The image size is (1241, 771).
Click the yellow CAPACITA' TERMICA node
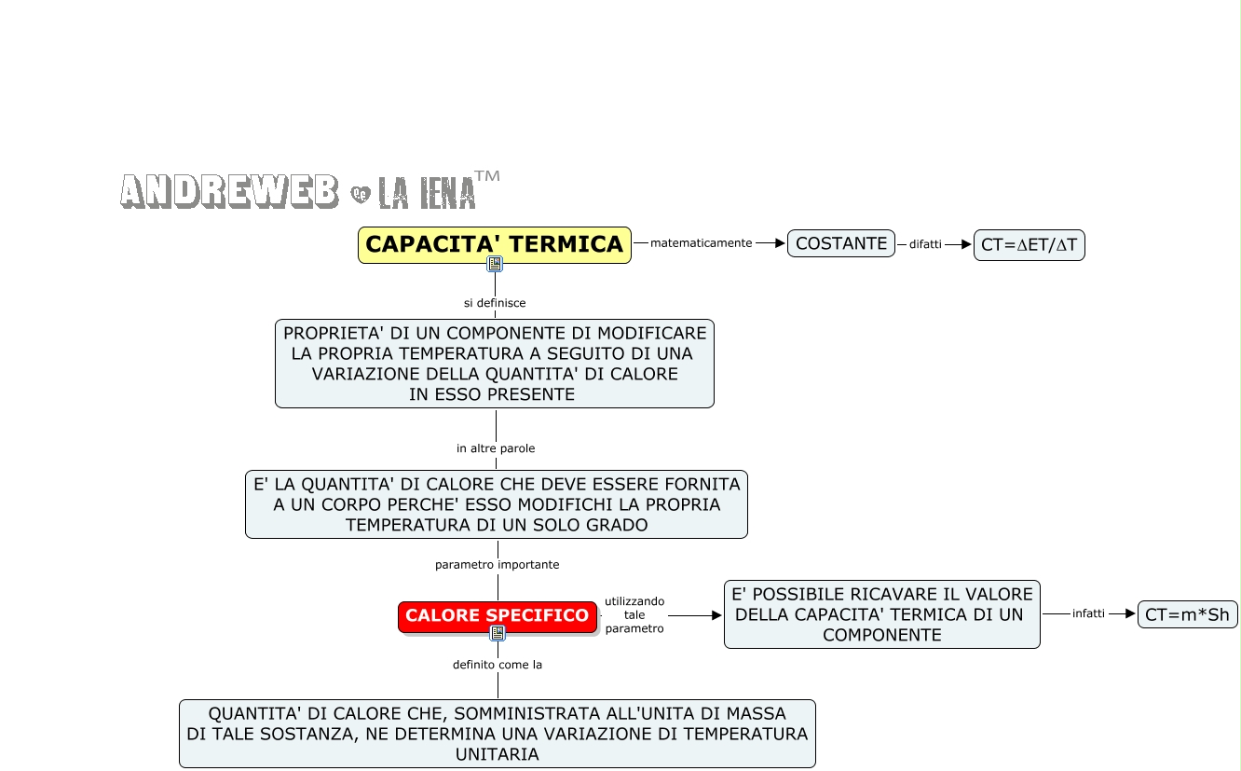tap(495, 244)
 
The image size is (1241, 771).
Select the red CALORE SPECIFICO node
tap(497, 615)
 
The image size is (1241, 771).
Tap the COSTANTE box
tap(841, 243)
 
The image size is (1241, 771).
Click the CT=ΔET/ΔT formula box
tap(1029, 245)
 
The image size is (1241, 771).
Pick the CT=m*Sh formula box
tap(1187, 614)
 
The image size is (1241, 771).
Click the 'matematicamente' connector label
tap(701, 243)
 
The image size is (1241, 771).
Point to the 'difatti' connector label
tap(925, 244)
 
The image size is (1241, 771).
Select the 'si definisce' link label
tap(495, 303)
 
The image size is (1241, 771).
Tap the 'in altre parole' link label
tap(496, 448)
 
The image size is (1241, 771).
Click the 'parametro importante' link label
tap(498, 565)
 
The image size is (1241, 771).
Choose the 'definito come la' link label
tap(498, 665)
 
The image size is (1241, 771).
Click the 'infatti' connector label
tap(1088, 613)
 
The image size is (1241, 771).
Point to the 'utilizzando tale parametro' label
tap(634, 615)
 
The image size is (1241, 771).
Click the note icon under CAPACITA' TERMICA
tap(495, 265)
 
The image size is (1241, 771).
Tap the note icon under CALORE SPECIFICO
tap(498, 633)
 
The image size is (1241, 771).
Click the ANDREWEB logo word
tap(229, 191)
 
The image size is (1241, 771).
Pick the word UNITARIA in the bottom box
tap(498, 754)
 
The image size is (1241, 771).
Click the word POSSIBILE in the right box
tap(798, 595)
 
